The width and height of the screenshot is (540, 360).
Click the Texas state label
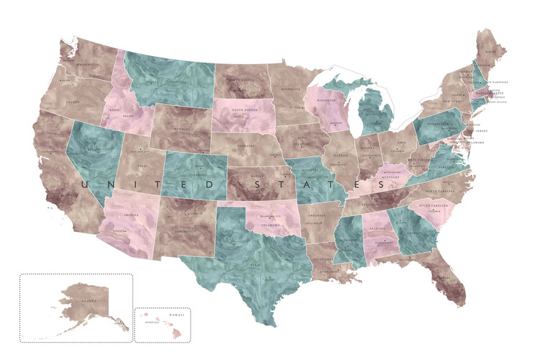(253, 264)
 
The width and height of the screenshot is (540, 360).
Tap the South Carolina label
(432, 206)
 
